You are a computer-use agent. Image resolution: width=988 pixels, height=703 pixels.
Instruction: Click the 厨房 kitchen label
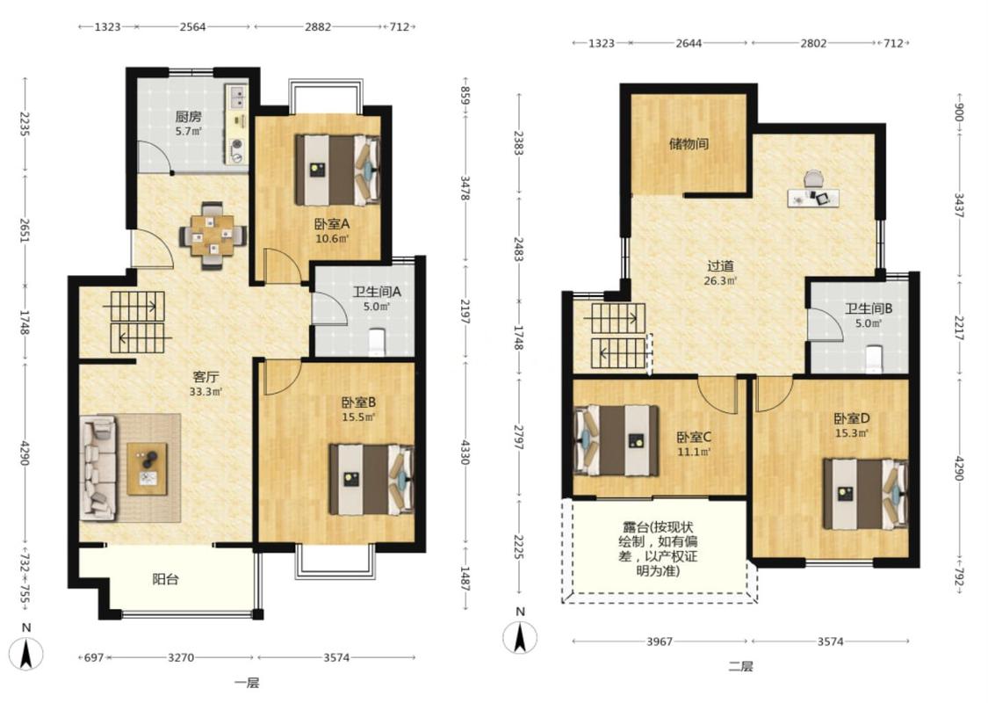click(x=189, y=117)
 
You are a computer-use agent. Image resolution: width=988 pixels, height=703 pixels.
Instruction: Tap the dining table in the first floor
click(x=213, y=236)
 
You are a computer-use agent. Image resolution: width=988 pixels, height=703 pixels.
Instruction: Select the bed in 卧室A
click(x=337, y=170)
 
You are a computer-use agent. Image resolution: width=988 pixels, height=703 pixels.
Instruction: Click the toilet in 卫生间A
click(x=376, y=340)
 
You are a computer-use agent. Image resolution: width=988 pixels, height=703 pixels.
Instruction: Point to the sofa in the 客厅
click(x=99, y=467)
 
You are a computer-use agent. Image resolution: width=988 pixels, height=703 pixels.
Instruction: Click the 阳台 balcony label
click(x=166, y=579)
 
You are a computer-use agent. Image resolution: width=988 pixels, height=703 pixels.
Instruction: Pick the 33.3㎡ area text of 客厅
click(x=206, y=392)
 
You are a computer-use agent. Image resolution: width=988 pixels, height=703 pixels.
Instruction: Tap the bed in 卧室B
click(x=371, y=479)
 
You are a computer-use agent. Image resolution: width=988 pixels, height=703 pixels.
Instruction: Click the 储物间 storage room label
click(x=689, y=144)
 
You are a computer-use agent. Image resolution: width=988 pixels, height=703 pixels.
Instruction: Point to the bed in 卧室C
click(x=617, y=440)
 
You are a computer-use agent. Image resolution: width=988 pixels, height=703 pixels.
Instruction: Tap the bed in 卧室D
click(x=865, y=494)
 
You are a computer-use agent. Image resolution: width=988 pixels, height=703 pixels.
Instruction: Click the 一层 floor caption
click(x=247, y=683)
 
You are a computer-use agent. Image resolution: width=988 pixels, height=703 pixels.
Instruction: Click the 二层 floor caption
click(x=740, y=666)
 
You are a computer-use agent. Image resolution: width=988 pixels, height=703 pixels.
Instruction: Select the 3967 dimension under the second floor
click(x=659, y=641)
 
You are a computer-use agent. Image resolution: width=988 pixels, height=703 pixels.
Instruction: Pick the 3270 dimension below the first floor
click(x=181, y=657)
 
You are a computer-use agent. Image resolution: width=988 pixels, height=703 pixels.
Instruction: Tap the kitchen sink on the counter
click(x=238, y=97)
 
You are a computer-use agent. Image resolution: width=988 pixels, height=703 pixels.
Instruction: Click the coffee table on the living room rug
click(x=148, y=468)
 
